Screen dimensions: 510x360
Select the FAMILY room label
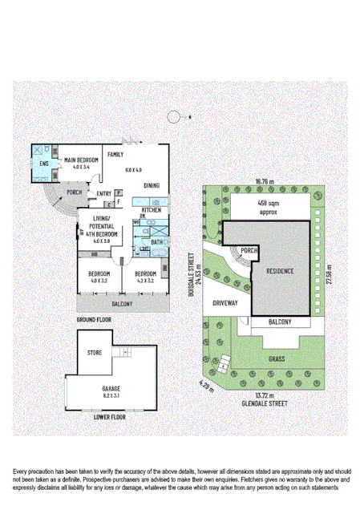115,154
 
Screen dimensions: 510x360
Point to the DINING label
152,186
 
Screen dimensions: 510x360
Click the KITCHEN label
152,210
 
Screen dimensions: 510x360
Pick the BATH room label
156,241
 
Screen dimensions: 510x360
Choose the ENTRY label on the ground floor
103,194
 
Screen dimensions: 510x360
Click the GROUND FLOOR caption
94,319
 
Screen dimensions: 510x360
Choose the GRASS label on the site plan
278,360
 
